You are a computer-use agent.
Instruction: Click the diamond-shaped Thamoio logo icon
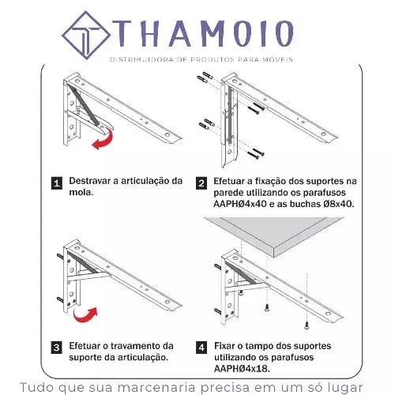[x=86, y=36]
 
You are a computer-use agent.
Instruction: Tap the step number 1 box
[x=57, y=183]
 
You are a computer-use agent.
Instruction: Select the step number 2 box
[x=201, y=183]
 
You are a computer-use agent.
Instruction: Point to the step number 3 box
[x=57, y=348]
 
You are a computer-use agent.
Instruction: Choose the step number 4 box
[x=201, y=348]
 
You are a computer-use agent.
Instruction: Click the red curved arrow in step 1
[x=104, y=139]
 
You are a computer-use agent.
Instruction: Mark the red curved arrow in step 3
[x=85, y=315]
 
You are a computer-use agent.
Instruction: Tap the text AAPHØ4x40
[x=240, y=204]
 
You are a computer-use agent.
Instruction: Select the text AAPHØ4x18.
[x=242, y=369]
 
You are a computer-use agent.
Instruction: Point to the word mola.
[x=81, y=192]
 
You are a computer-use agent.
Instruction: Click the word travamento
[x=137, y=346]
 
